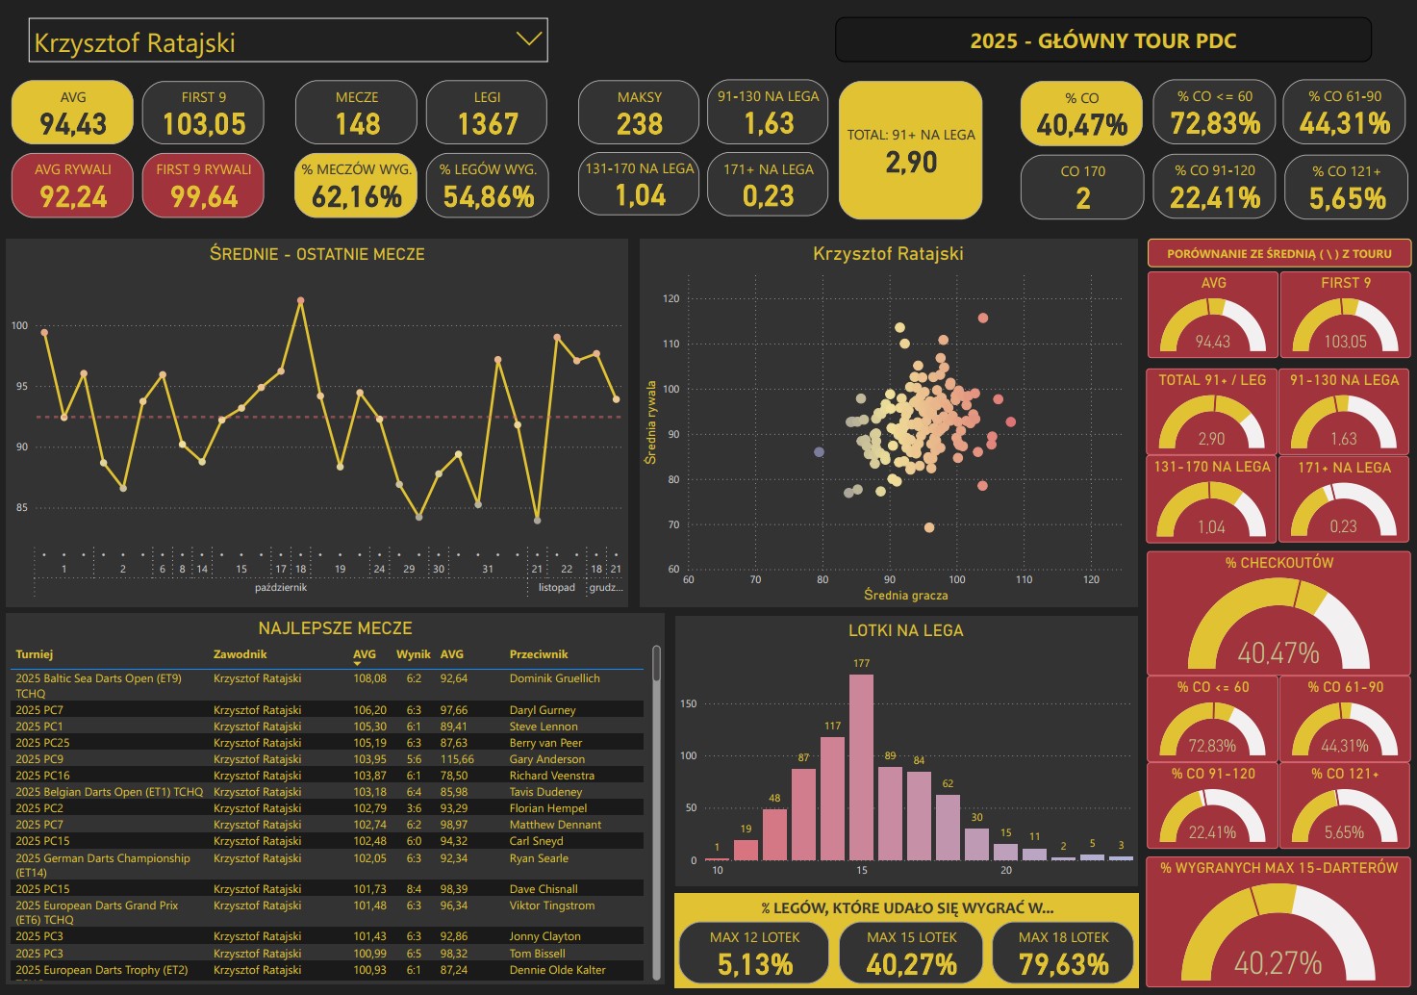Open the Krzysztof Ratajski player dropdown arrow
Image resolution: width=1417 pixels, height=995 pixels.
[528, 39]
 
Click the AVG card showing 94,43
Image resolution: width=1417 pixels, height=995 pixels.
[72, 113]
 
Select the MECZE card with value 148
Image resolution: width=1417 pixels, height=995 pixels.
[357, 113]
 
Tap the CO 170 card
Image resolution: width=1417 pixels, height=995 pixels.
[1082, 187]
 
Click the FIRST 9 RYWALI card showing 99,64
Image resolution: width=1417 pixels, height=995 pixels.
[203, 186]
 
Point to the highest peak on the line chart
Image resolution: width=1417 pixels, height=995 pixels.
[301, 301]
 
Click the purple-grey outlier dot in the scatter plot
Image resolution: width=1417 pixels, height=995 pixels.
[820, 451]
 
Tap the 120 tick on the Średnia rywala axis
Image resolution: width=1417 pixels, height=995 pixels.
[671, 298]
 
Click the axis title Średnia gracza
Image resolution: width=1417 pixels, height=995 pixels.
[905, 596]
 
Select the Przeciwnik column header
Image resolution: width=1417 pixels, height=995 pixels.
[539, 654]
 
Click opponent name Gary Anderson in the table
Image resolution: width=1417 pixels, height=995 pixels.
[546, 759]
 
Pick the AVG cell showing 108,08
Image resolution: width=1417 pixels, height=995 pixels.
[369, 678]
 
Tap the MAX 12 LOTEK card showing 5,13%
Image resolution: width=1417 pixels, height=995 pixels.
[754, 953]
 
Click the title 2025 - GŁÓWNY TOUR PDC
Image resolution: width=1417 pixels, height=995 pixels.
[1102, 40]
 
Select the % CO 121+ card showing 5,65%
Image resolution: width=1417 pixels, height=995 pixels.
[1347, 187]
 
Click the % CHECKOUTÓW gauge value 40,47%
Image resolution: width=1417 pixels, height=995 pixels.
[1278, 653]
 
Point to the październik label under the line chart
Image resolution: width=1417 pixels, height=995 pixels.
[281, 587]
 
